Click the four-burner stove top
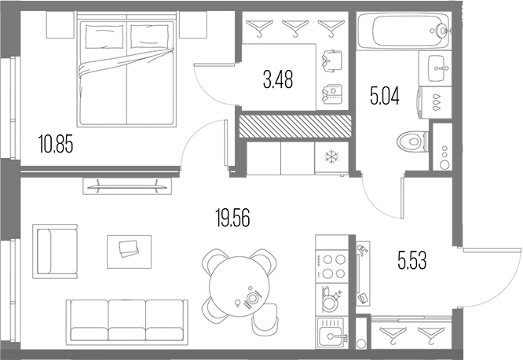coord(333,266)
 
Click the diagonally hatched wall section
coord(294,126)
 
